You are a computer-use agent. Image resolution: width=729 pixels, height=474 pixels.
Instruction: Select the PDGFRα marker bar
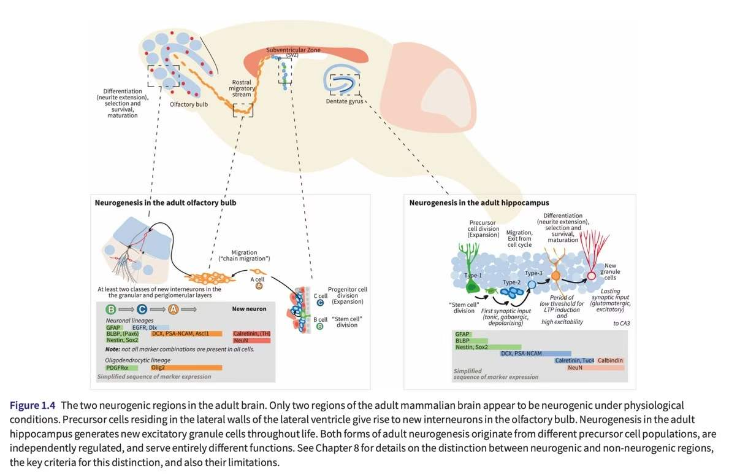click(121, 367)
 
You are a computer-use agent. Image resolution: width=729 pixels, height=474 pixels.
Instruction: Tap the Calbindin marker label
click(611, 360)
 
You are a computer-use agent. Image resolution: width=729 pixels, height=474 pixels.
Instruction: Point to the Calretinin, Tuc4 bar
click(574, 360)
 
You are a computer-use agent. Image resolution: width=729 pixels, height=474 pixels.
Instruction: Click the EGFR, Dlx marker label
click(144, 328)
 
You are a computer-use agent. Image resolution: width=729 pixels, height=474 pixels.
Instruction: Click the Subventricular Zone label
click(292, 50)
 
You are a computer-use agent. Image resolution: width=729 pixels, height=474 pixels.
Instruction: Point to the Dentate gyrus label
click(344, 101)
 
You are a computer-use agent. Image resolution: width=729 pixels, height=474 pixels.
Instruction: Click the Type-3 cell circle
click(532, 284)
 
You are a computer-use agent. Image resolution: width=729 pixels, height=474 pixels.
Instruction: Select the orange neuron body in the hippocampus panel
click(555, 276)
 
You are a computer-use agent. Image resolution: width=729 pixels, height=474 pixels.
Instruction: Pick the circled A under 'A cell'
click(259, 286)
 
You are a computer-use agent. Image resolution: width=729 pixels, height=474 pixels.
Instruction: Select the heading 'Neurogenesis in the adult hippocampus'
click(479, 202)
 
